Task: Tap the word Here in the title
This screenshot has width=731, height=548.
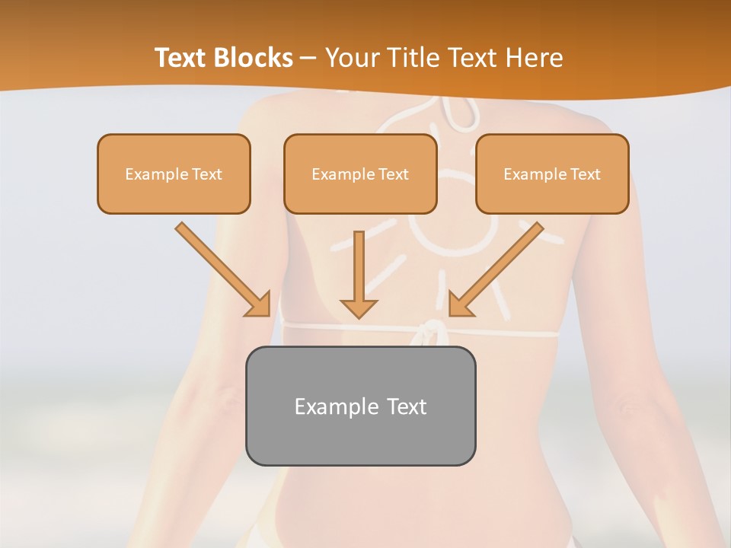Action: point(534,58)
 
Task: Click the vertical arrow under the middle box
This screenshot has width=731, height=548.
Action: point(359,266)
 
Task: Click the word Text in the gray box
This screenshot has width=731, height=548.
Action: point(406,406)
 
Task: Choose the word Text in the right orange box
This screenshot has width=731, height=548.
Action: point(586,174)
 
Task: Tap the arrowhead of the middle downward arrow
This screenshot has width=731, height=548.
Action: point(359,307)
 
